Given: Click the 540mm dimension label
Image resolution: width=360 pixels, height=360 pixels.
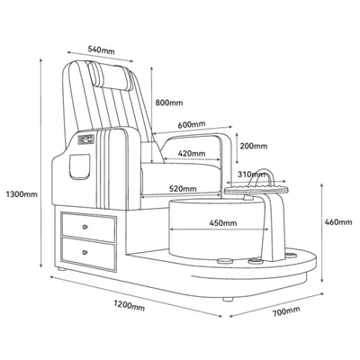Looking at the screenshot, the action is click(101, 49).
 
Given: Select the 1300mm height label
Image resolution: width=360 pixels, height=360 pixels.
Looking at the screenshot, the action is click(22, 194).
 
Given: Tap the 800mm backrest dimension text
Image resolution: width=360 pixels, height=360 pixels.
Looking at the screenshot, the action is click(169, 103).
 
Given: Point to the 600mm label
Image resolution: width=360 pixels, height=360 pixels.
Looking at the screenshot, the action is click(192, 124).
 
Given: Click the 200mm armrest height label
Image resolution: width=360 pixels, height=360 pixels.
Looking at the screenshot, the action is click(254, 146).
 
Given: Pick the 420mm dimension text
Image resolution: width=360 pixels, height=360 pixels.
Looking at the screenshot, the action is click(192, 154).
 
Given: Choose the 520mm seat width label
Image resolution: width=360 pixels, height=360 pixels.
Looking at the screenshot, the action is click(183, 189).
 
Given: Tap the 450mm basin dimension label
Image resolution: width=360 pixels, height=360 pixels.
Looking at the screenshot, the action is click(223, 223).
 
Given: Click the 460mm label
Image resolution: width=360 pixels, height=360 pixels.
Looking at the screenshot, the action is click(338, 222).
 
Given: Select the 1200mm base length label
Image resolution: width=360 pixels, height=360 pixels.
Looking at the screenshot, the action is click(129, 305).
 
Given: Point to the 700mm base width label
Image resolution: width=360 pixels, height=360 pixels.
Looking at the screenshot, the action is click(286, 311).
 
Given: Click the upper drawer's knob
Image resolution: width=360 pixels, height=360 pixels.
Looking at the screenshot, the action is click(85, 227).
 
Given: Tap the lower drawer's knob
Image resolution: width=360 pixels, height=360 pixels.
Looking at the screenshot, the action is click(85, 252).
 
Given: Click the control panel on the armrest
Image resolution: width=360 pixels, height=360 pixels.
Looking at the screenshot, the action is click(86, 139).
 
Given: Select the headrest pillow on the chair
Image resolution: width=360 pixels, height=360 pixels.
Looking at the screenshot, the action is click(111, 76).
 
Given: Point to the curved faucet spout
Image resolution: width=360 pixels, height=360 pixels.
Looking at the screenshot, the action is click(263, 177).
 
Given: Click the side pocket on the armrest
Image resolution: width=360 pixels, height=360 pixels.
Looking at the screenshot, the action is click(80, 166).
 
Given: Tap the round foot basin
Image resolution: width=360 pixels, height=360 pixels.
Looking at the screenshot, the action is click(219, 227).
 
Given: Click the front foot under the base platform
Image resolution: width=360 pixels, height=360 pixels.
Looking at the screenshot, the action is click(228, 299).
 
